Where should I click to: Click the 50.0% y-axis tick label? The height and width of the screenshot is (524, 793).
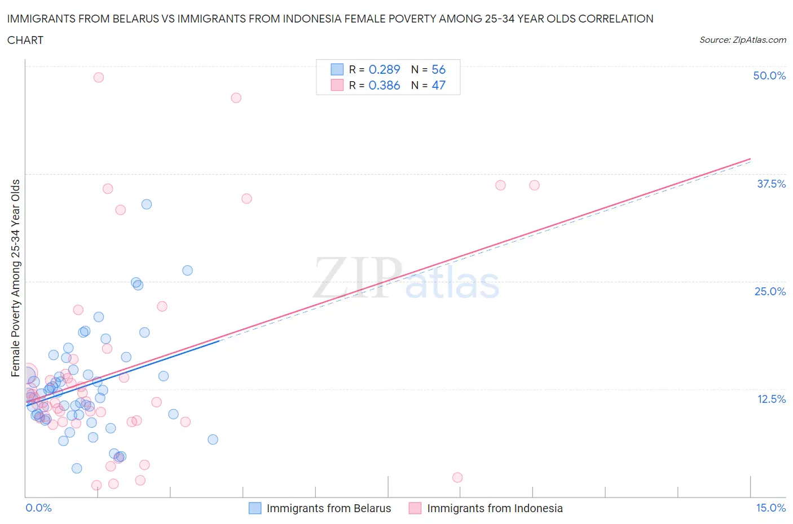tap(769, 76)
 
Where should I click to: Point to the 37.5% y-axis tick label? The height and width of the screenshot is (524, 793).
tap(771, 184)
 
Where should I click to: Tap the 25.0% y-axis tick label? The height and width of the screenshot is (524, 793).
tap(770, 291)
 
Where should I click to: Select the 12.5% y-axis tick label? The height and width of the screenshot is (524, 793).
tap(771, 399)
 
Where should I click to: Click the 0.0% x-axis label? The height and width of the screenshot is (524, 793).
tap(38, 508)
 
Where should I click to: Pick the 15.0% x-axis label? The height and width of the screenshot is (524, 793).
tap(770, 508)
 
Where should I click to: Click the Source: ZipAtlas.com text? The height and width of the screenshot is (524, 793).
tap(742, 39)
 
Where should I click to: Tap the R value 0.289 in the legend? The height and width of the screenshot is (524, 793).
tap(384, 69)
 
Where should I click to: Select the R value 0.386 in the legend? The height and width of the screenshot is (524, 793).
tap(384, 85)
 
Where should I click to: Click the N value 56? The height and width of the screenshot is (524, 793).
tap(438, 69)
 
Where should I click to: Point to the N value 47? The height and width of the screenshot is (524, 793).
tap(438, 85)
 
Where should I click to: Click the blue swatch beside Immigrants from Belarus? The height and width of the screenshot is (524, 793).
tap(255, 508)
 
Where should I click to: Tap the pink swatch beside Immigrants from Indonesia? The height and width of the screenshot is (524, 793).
tap(415, 508)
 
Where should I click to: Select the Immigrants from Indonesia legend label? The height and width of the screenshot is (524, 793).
tap(495, 508)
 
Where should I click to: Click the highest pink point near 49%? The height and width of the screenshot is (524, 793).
tap(99, 78)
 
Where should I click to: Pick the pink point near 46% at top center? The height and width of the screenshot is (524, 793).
tap(236, 98)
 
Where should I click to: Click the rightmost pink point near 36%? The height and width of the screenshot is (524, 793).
tap(534, 185)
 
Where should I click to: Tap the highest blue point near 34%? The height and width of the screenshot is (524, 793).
tap(147, 205)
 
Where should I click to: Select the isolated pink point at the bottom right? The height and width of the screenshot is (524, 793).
tap(457, 478)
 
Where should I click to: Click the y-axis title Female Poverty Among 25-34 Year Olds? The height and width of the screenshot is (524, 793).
tap(15, 278)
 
